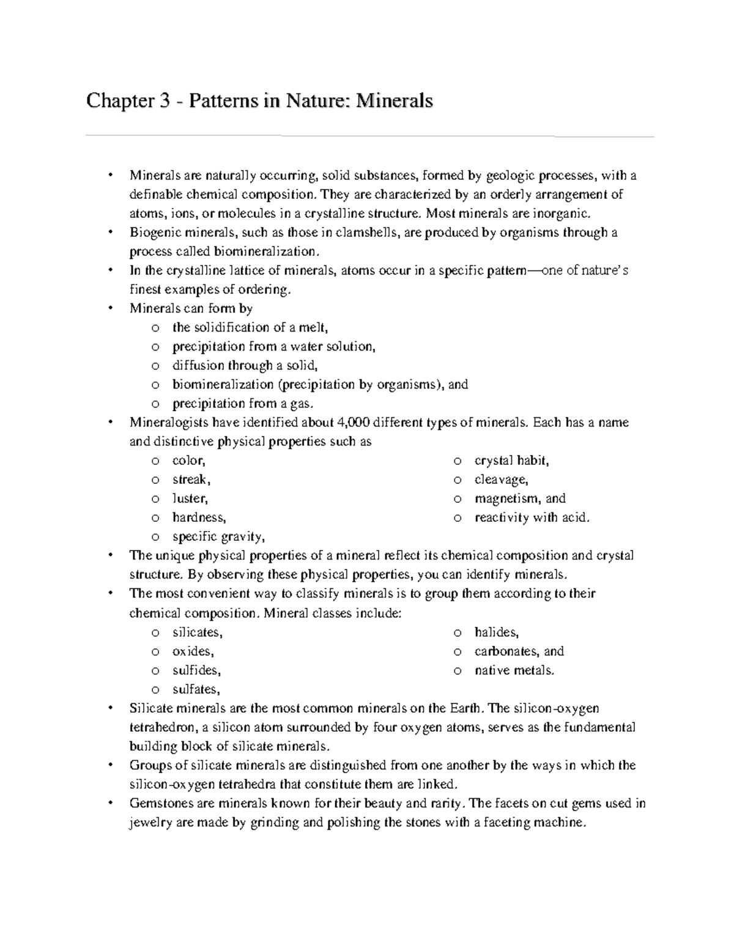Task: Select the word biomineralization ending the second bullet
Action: (265, 252)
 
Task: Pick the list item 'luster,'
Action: (190, 499)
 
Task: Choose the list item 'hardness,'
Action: (199, 518)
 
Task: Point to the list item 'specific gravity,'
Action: (218, 537)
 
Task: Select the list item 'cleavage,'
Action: (501, 480)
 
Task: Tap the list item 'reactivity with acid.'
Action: (532, 518)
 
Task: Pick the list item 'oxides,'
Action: (193, 651)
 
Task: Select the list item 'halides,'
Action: (496, 632)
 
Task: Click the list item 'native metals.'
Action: (514, 670)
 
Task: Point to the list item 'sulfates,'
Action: (196, 689)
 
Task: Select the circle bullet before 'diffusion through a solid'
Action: (155, 366)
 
